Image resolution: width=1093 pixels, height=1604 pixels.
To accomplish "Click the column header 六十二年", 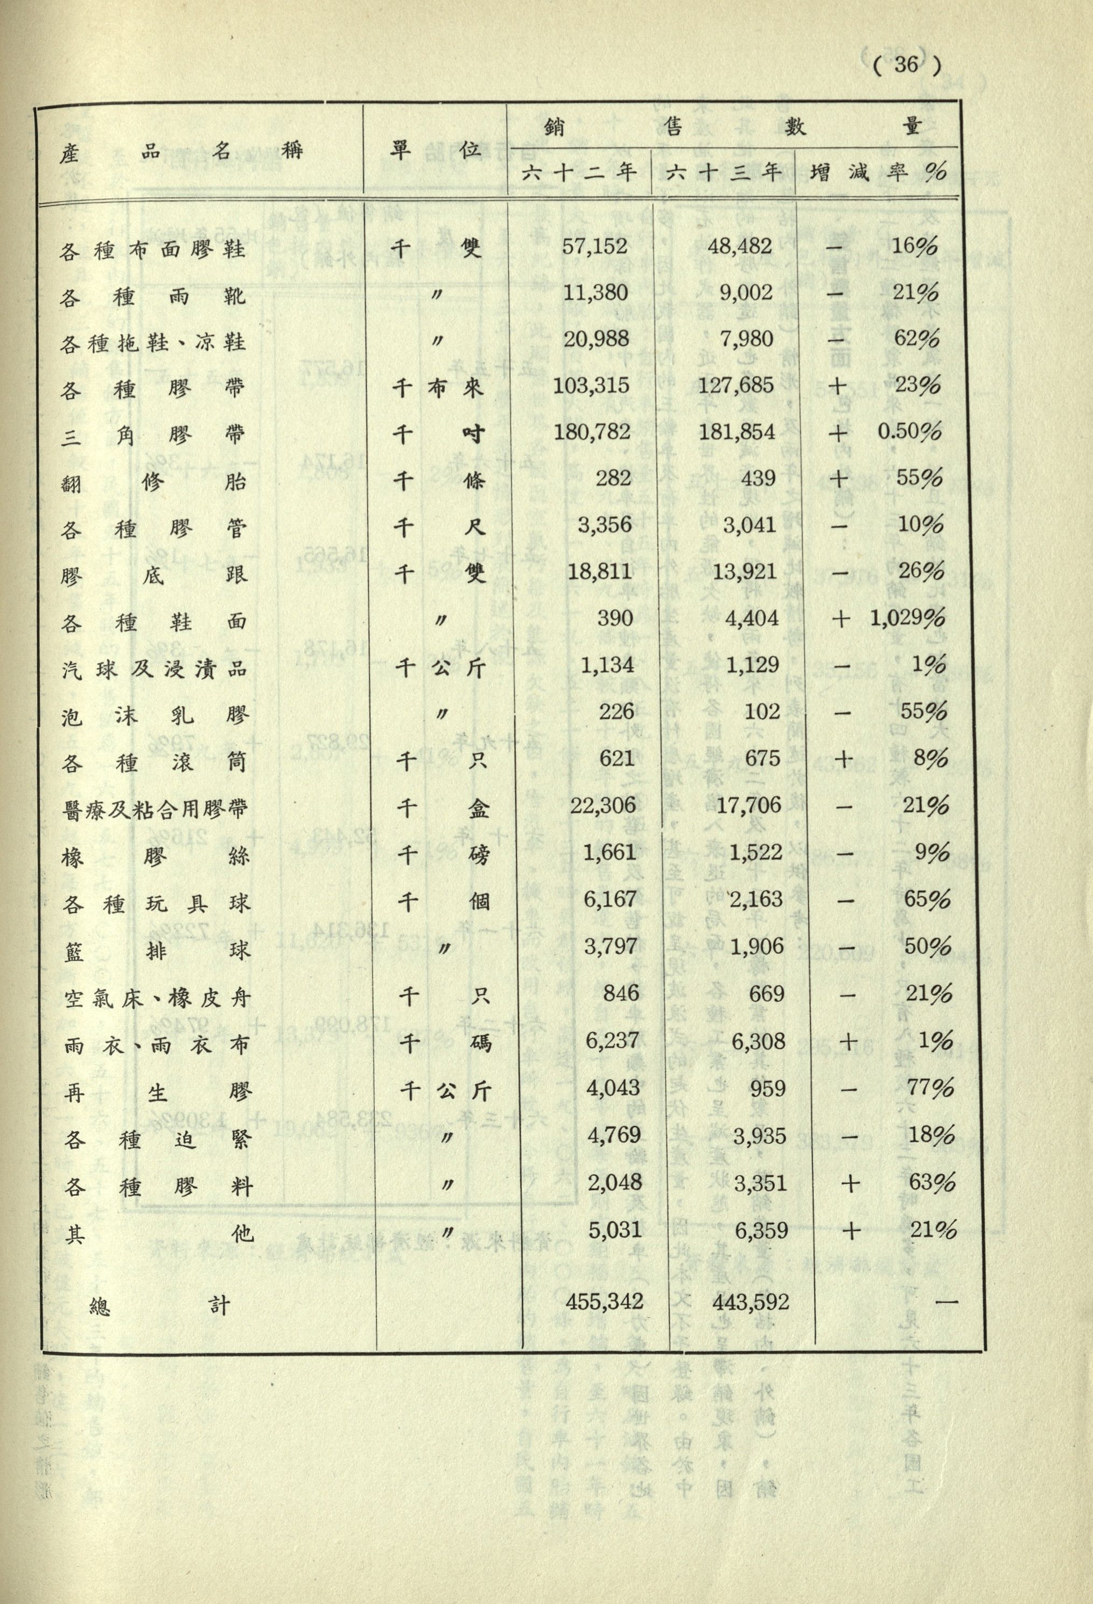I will pos(579,172).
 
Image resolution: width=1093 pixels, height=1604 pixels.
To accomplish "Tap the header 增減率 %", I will pos(877,172).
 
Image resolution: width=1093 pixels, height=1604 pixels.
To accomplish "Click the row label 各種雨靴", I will pos(152,297).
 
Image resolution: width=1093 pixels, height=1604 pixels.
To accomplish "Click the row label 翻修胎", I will pos(152,482).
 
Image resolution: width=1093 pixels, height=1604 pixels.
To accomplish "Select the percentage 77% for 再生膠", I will pos(932,1089).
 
